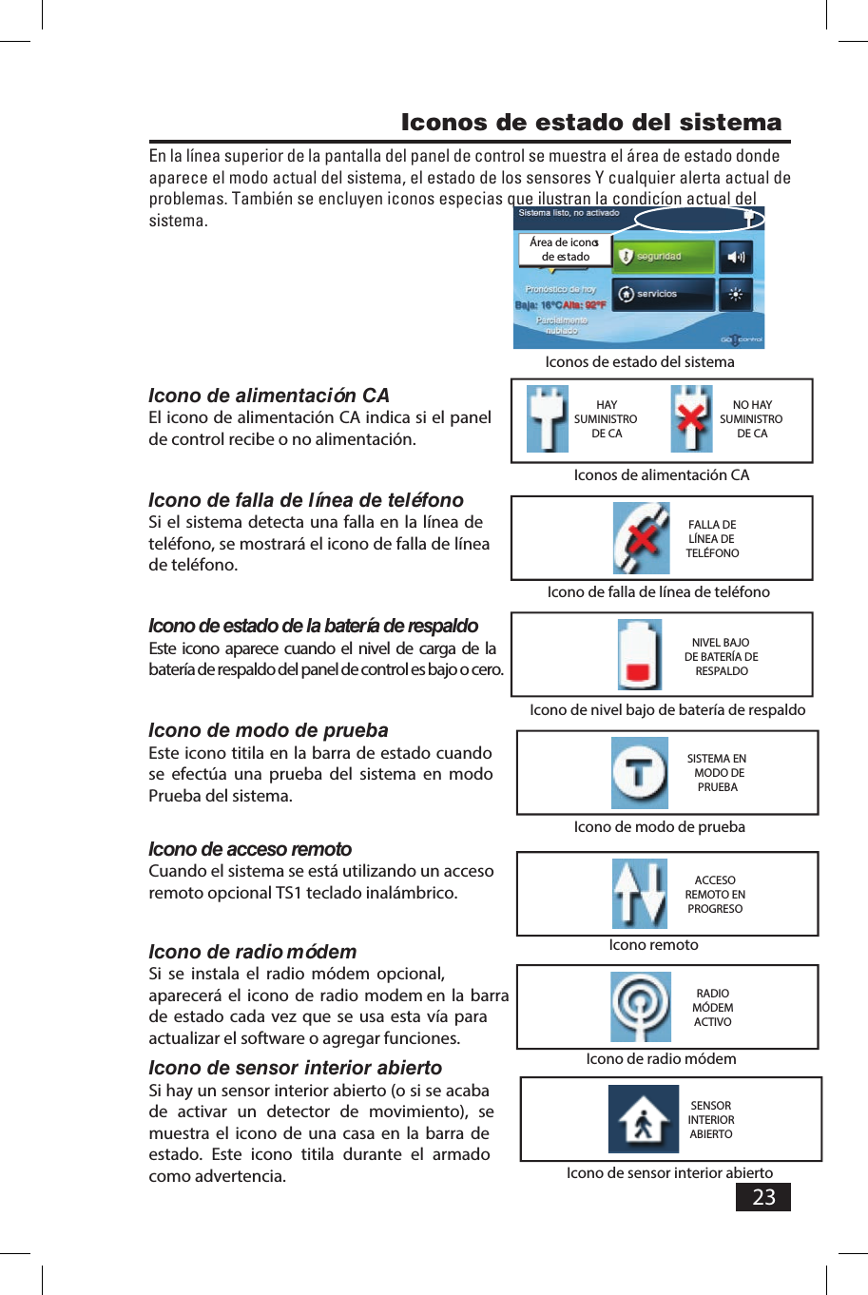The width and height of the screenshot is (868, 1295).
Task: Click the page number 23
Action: [763, 1196]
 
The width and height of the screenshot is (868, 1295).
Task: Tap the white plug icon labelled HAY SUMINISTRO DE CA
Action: [548, 419]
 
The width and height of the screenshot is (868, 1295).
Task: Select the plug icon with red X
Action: [691, 419]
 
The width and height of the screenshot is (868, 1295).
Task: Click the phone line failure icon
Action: [642, 538]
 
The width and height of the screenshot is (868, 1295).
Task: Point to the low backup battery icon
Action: [640, 655]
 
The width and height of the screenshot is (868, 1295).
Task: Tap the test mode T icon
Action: [640, 772]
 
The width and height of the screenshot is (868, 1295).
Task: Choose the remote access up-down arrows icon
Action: [640, 894]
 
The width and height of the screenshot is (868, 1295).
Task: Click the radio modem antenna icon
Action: [641, 1007]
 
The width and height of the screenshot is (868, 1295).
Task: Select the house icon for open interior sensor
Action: [644, 1119]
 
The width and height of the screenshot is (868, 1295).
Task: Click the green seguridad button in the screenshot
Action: [663, 257]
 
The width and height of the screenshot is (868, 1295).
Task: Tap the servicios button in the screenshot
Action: [663, 294]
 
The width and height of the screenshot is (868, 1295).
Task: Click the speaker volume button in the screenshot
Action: [736, 257]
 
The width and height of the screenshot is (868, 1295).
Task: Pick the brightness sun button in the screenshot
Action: [736, 294]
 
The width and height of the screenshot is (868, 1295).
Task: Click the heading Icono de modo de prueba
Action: [268, 730]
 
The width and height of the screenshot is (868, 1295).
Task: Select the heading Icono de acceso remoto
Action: [250, 849]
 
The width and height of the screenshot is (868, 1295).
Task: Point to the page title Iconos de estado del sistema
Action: [590, 123]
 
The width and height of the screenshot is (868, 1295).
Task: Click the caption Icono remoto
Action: [653, 944]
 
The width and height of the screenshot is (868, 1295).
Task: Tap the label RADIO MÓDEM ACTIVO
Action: [713, 1008]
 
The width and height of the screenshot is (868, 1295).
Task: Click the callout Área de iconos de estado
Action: [565, 249]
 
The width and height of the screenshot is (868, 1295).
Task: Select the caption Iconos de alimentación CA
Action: [661, 474]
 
